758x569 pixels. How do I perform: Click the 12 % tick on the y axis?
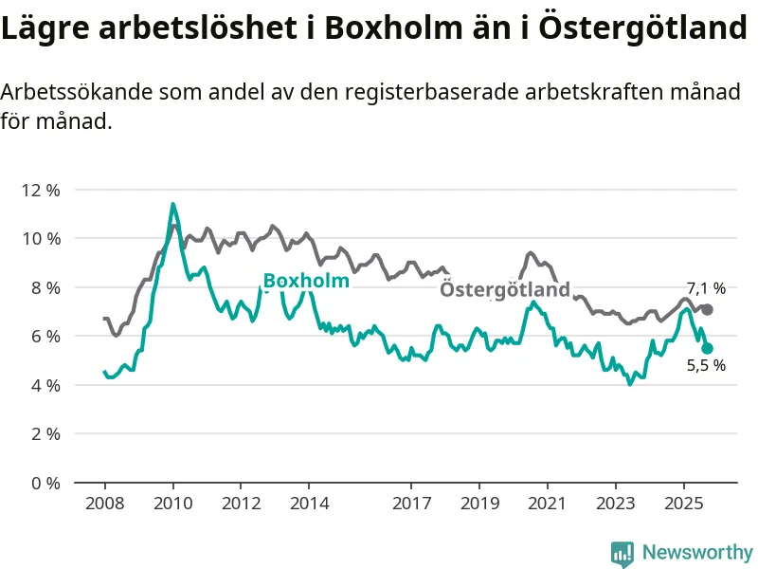click(x=40, y=190)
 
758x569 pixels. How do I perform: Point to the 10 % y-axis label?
click(x=40, y=238)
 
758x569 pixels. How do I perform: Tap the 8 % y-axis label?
click(x=44, y=287)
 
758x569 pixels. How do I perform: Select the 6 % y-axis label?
click(x=44, y=336)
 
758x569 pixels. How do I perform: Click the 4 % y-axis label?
click(x=44, y=385)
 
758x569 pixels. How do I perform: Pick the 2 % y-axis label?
click(x=44, y=433)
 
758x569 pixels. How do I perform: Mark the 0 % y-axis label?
click(x=44, y=483)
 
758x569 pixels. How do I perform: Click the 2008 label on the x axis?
click(x=104, y=503)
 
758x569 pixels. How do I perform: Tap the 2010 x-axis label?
click(x=172, y=503)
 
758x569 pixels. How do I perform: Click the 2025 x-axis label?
click(x=684, y=503)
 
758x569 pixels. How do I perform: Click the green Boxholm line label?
click(x=306, y=281)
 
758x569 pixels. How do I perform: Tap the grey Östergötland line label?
click(x=505, y=289)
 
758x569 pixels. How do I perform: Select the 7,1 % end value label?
click(x=706, y=288)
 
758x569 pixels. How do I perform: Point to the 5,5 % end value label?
click(x=706, y=366)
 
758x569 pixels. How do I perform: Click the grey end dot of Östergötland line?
click(x=707, y=310)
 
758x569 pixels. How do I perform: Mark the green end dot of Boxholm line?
click(x=707, y=349)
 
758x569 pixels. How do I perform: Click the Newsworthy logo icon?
click(x=623, y=552)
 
